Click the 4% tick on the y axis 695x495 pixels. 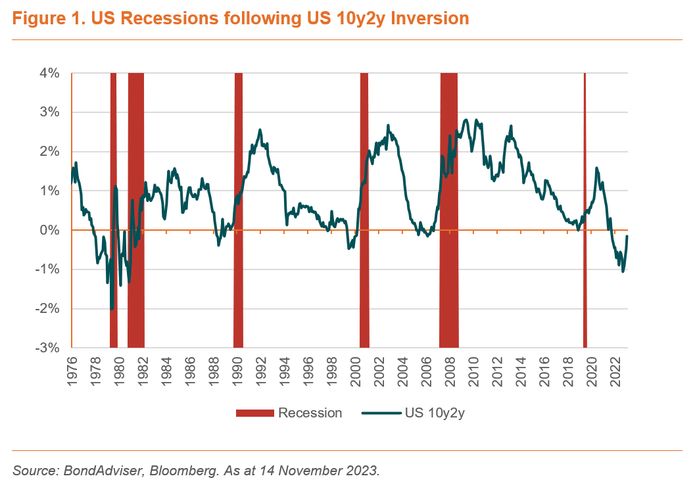[x=51, y=73]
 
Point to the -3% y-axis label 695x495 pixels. [x=49, y=348]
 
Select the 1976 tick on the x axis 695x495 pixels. [x=72, y=371]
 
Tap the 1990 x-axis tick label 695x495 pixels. [x=237, y=371]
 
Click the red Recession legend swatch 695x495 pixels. [x=254, y=413]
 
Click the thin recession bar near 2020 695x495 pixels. [x=585, y=210]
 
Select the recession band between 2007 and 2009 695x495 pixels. [x=448, y=210]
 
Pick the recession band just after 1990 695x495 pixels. [x=239, y=210]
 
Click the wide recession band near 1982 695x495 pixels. [x=136, y=210]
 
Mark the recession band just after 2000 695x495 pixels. [x=364, y=210]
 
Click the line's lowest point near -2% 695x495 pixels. [x=112, y=309]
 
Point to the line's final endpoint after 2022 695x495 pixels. [x=627, y=236]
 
